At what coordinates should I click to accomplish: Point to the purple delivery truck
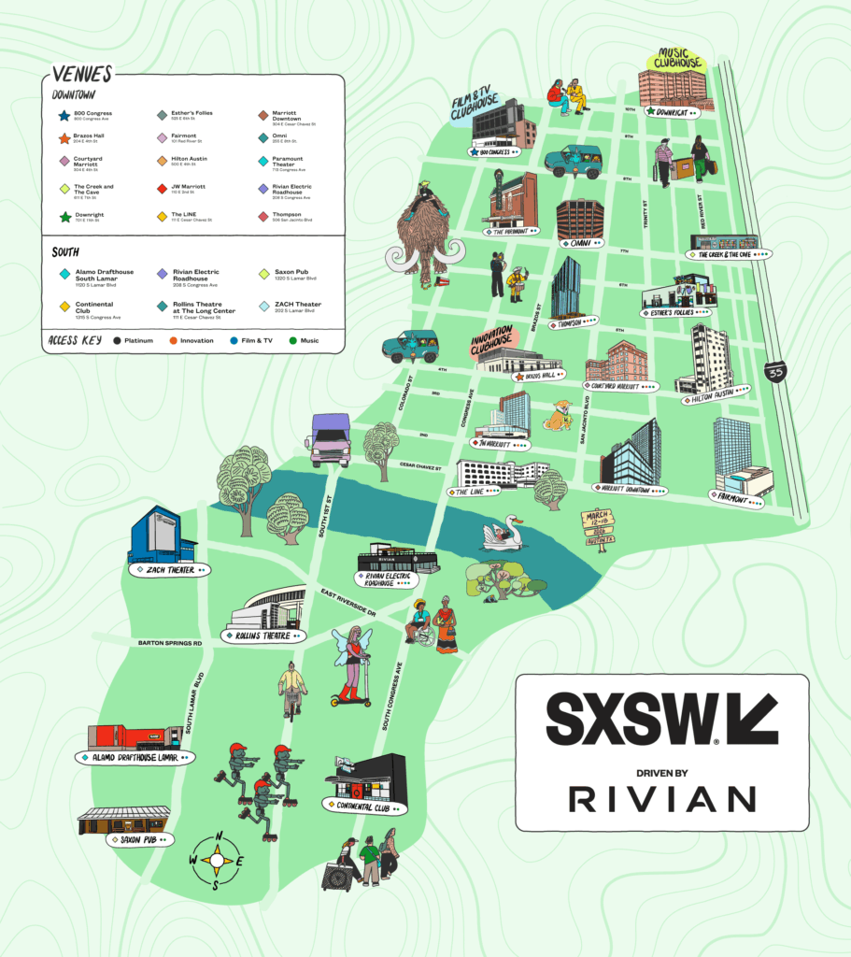(x=330, y=439)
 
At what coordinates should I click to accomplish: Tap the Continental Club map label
(x=366, y=806)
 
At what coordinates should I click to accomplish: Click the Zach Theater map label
(x=169, y=569)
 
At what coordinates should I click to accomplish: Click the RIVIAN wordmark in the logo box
(x=661, y=798)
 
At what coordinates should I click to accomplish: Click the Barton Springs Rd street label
(x=170, y=643)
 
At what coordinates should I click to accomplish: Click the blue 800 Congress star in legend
(x=64, y=116)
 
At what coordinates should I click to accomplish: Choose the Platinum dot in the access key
(x=115, y=340)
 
